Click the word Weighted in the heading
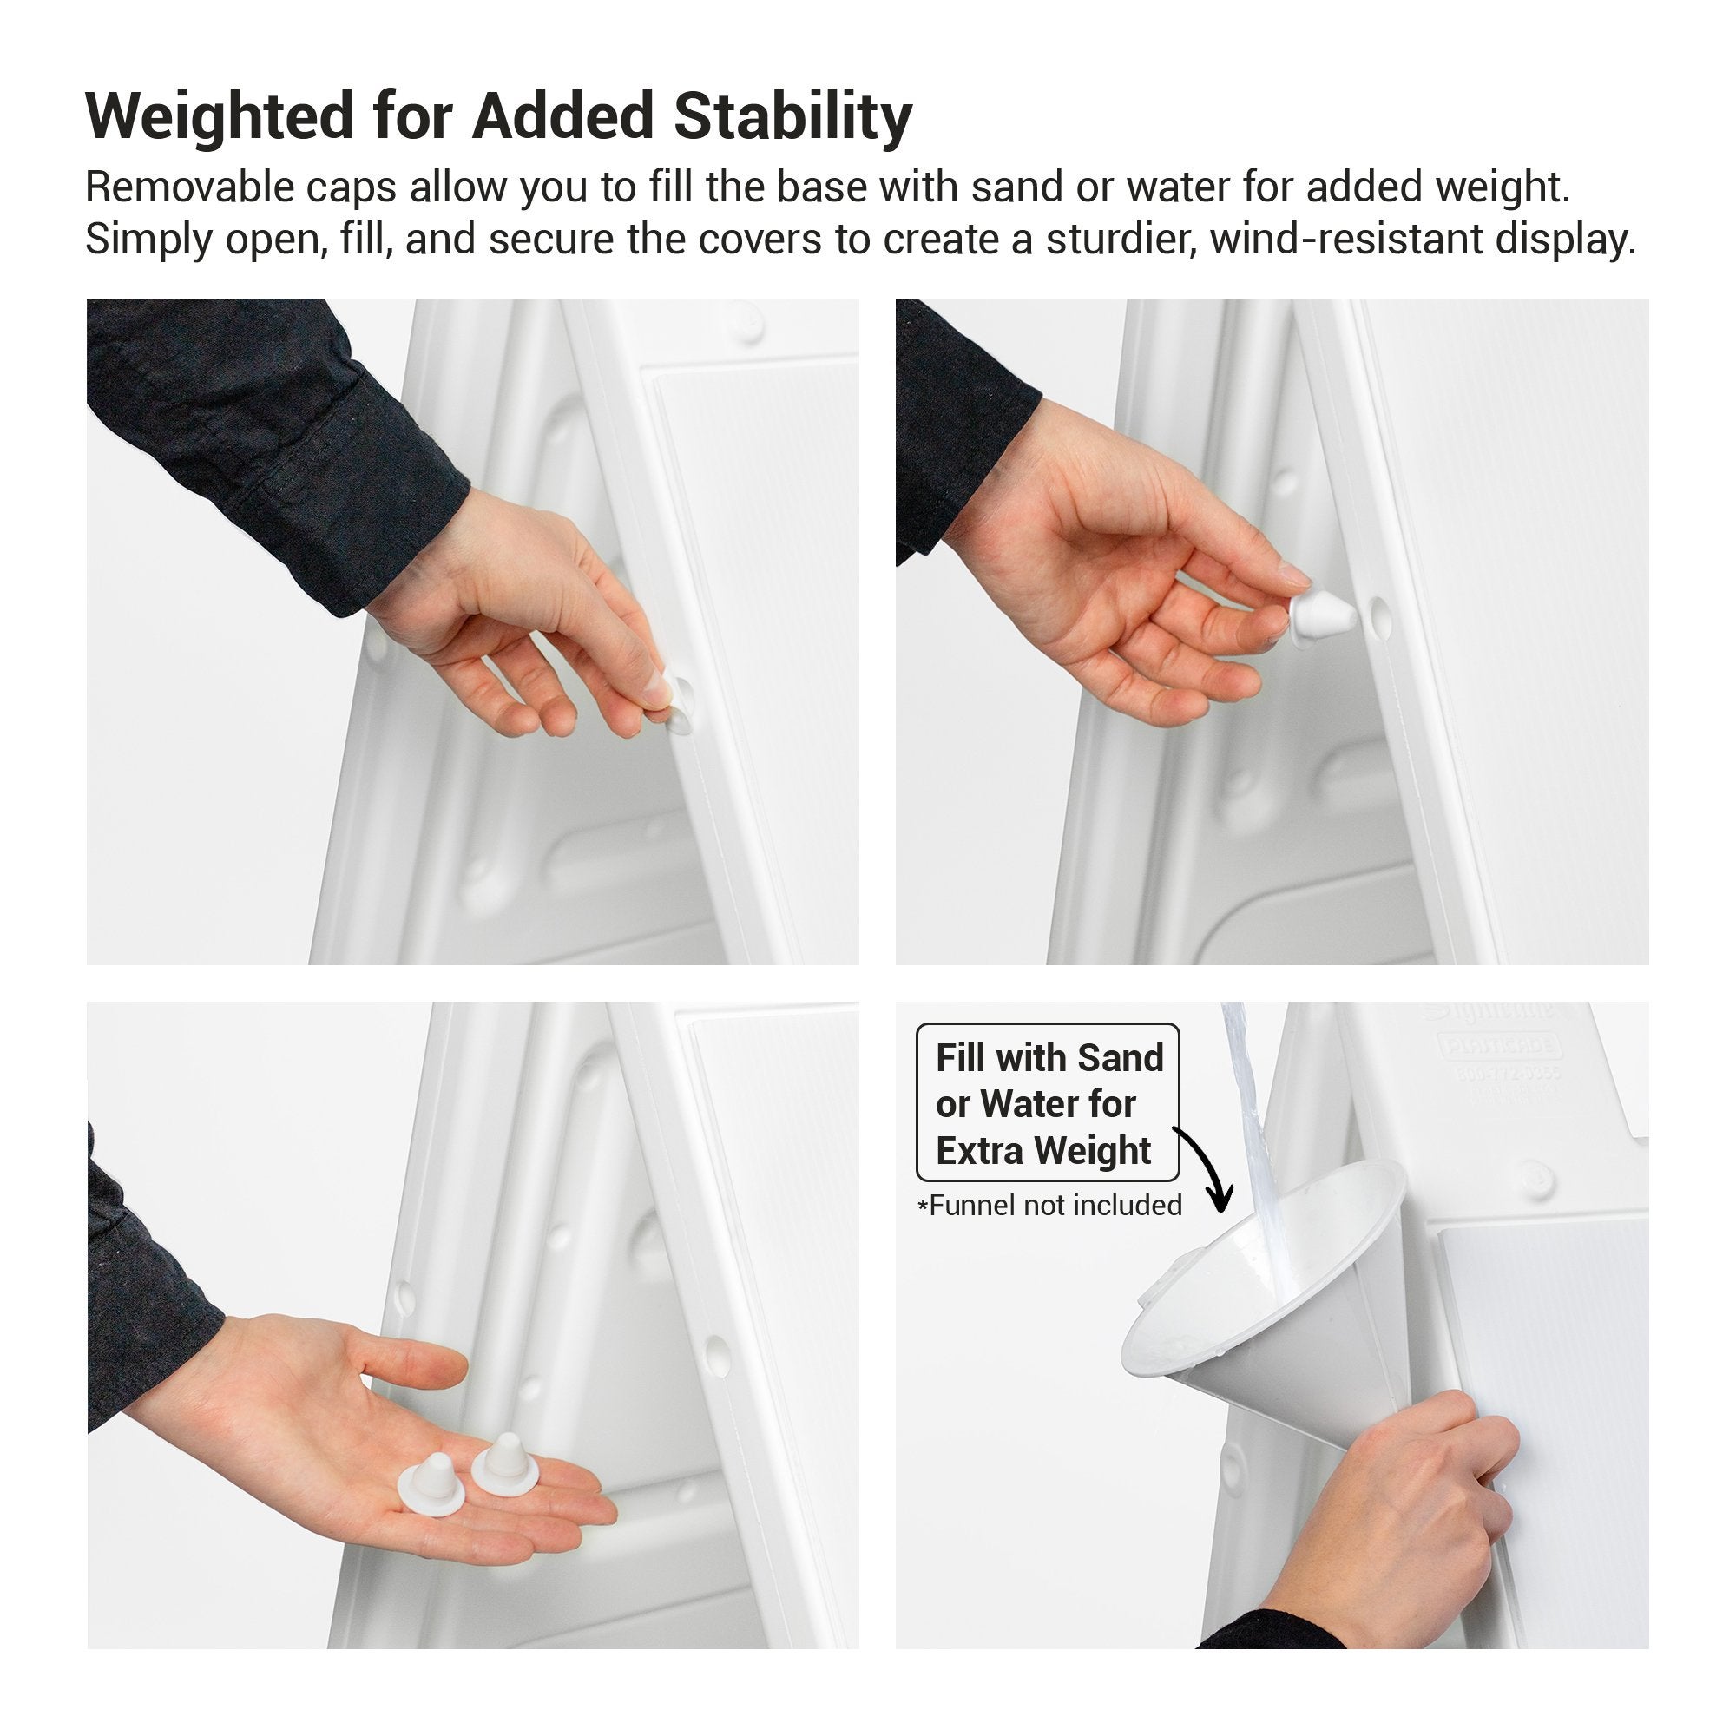tap(220, 117)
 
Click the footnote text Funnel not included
tap(1055, 1205)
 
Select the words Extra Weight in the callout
tap(1042, 1150)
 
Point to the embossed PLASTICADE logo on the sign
tap(1501, 1046)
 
